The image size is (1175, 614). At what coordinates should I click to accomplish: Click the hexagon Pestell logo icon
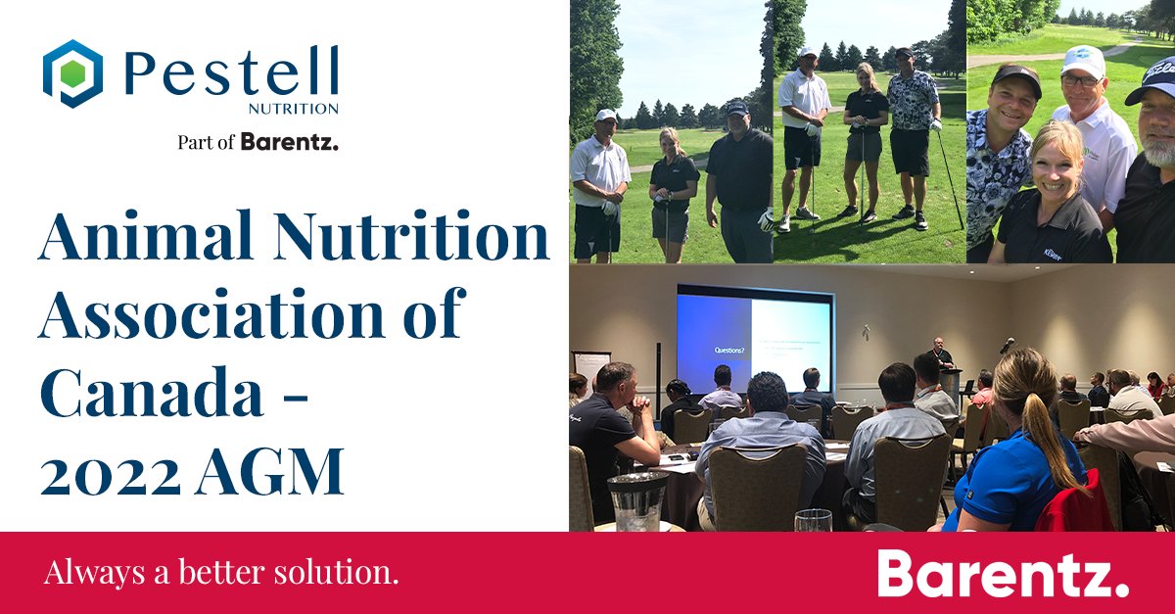(72, 73)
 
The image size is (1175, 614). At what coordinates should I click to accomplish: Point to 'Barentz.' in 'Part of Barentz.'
(290, 142)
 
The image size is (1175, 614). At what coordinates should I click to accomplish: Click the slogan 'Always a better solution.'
(221, 573)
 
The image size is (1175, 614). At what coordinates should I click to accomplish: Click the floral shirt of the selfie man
(999, 186)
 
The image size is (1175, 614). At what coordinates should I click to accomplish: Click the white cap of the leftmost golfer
(606, 115)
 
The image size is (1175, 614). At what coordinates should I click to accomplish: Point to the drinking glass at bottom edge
(813, 520)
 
